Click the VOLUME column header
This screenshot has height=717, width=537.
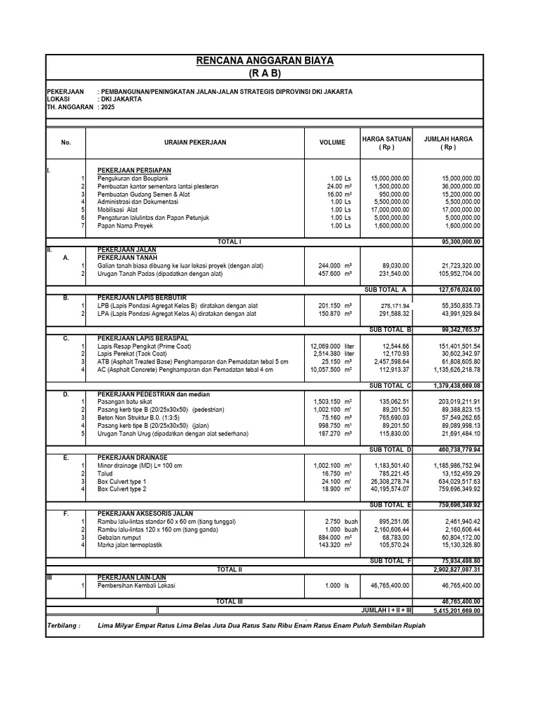click(332, 143)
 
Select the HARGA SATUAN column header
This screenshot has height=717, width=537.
click(387, 143)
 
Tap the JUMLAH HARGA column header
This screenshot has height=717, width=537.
click(448, 143)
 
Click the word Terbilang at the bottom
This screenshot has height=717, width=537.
click(64, 626)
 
